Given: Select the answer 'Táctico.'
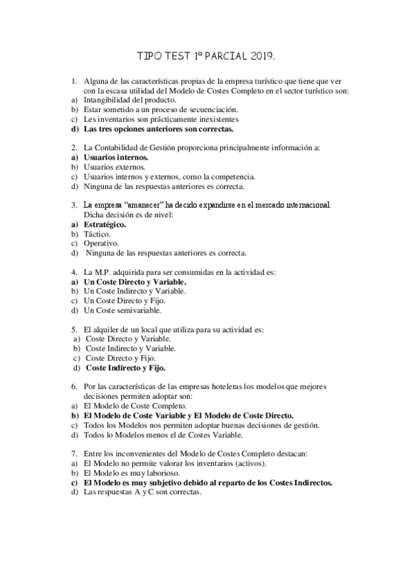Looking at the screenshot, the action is click(x=97, y=234).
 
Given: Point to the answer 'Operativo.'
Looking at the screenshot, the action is click(x=100, y=243).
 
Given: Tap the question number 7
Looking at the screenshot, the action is click(x=74, y=454).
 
